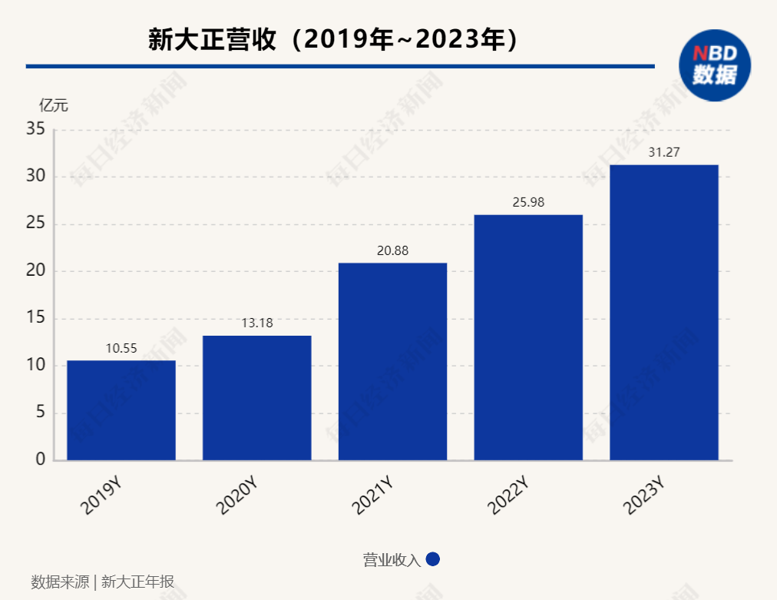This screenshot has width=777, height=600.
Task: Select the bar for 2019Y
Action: [x=121, y=410]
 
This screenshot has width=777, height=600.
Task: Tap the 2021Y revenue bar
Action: [x=392, y=361]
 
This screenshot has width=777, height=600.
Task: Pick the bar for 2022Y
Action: [x=528, y=337]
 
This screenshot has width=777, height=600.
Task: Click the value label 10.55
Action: [x=121, y=348]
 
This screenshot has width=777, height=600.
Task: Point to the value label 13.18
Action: [x=257, y=323]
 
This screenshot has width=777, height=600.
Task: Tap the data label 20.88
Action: [x=392, y=250]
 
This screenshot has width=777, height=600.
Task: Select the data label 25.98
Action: [x=528, y=202]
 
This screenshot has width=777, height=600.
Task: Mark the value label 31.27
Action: [x=664, y=152]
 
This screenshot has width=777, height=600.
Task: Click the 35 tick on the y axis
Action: [x=35, y=130]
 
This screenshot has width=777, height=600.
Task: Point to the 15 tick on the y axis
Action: [x=35, y=319]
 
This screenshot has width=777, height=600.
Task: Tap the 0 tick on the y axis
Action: [x=40, y=460]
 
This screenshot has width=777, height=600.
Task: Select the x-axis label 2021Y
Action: [x=373, y=496]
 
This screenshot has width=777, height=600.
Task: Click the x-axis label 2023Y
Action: [x=644, y=496]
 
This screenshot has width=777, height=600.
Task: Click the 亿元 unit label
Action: [x=54, y=105]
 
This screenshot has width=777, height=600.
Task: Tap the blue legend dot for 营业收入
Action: [x=432, y=559]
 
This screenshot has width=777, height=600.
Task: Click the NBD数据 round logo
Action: [x=714, y=65]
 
